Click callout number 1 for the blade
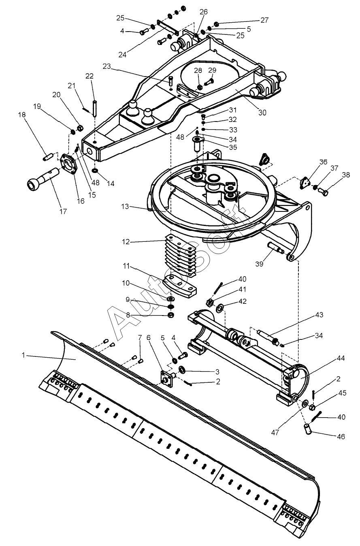[x=23, y=355]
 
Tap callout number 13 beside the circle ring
[x=125, y=207]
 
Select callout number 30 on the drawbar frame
[x=262, y=113]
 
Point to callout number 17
[x=63, y=211]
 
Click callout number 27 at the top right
[x=264, y=20]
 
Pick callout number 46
[x=341, y=436]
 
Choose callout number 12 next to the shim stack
[x=126, y=242]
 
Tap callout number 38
[x=346, y=175]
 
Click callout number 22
[x=89, y=76]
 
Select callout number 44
[x=341, y=358]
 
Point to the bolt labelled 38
[x=323, y=192]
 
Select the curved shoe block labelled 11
[x=179, y=286]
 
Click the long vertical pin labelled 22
[x=94, y=108]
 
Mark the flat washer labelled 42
[x=220, y=307]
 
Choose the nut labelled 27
[x=216, y=24]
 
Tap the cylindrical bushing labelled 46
[x=308, y=429]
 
